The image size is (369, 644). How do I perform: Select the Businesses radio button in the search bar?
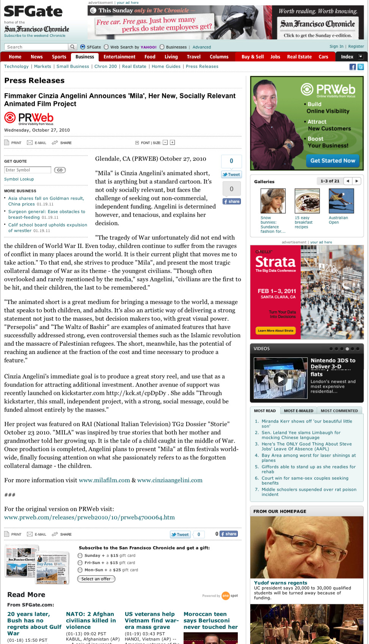coord(162,47)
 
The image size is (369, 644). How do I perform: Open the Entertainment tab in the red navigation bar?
coord(119,57)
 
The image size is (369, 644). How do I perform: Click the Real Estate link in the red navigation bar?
coord(299,57)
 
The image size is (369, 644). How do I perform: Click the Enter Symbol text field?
coord(28,170)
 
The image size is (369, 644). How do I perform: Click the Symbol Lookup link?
coord(19,179)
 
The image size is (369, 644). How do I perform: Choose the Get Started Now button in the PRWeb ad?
coord(333,161)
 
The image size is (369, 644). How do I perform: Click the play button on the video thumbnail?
coord(280,379)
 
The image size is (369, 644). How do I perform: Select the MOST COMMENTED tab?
coord(339,411)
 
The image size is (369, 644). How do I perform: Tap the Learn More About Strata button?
coord(275,331)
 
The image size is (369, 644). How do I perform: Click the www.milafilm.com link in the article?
coord(104,480)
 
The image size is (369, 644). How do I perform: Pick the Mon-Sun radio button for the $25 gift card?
coord(80,570)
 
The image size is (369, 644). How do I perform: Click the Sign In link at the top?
coord(336,47)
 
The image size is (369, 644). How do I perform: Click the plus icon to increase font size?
coord(172,143)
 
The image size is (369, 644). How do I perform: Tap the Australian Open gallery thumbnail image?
coord(341,201)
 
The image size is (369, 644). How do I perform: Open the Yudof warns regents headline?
coord(281,583)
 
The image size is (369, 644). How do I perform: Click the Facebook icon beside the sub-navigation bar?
coord(353,67)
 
